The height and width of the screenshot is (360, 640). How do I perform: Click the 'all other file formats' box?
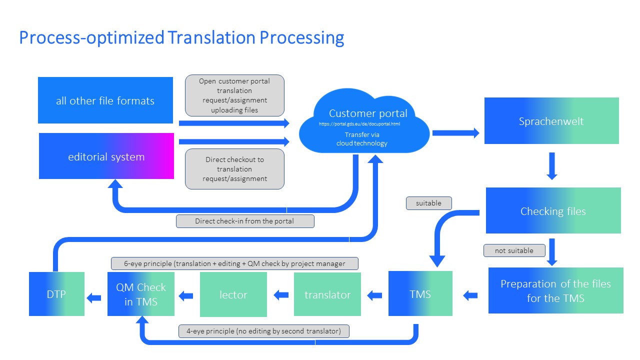tap(105, 100)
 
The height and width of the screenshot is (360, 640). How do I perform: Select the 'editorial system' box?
tap(106, 156)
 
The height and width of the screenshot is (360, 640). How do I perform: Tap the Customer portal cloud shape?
tap(364, 121)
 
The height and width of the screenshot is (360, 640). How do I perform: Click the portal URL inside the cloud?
tap(359, 124)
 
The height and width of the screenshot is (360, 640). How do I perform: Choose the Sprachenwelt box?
tap(551, 120)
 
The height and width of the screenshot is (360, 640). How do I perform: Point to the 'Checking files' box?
tap(553, 210)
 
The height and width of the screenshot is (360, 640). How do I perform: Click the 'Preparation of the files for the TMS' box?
tap(555, 290)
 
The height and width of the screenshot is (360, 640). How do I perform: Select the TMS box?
tap(420, 293)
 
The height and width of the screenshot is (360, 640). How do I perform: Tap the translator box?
tap(327, 294)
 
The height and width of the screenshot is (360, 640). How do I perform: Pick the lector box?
tap(233, 294)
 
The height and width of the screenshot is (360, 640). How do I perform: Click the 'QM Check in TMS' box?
tap(141, 294)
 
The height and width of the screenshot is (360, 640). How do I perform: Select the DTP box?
tap(56, 294)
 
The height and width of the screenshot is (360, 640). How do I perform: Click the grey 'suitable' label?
tap(429, 203)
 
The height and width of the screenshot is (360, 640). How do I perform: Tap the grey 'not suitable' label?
tap(514, 250)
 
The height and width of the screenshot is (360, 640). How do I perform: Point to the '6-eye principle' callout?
tap(234, 263)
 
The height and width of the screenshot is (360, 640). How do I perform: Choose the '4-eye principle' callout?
tap(263, 331)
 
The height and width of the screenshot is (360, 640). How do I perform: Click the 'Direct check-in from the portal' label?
tap(245, 221)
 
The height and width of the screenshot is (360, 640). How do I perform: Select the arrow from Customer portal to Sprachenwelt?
tap(456, 133)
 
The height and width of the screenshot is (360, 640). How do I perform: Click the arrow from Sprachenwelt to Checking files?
tap(552, 166)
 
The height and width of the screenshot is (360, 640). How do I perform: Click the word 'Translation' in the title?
tap(211, 37)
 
